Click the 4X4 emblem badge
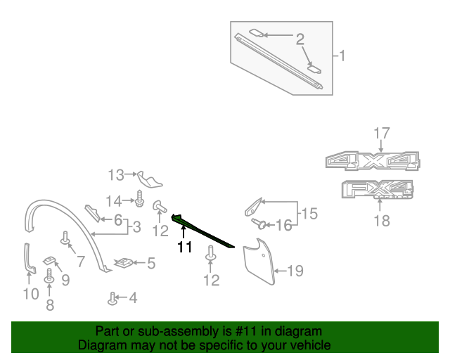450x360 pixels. pos(373,161)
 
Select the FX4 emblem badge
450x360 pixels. pos(377,189)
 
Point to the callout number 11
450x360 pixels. pos(184,247)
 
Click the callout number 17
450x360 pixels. pos(381,132)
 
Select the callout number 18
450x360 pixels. pos(381,221)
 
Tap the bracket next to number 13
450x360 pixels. pos(149,178)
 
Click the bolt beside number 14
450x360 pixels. pos(140,199)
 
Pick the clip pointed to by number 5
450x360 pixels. pos(124,263)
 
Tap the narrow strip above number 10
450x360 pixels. pos(29,257)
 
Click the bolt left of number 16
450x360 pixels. pos(259,224)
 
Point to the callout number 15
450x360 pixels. pos(309,213)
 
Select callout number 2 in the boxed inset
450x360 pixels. pos(300,39)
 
